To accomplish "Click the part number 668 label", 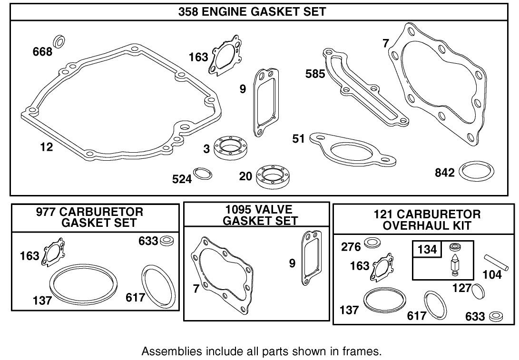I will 42,51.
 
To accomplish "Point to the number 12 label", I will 46,147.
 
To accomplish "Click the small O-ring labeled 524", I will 203,174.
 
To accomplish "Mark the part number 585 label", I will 315,74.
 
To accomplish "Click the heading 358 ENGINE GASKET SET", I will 252,12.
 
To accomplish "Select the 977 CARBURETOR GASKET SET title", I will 96,217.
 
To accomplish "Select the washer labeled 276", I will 372,244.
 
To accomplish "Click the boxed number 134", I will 427,249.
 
